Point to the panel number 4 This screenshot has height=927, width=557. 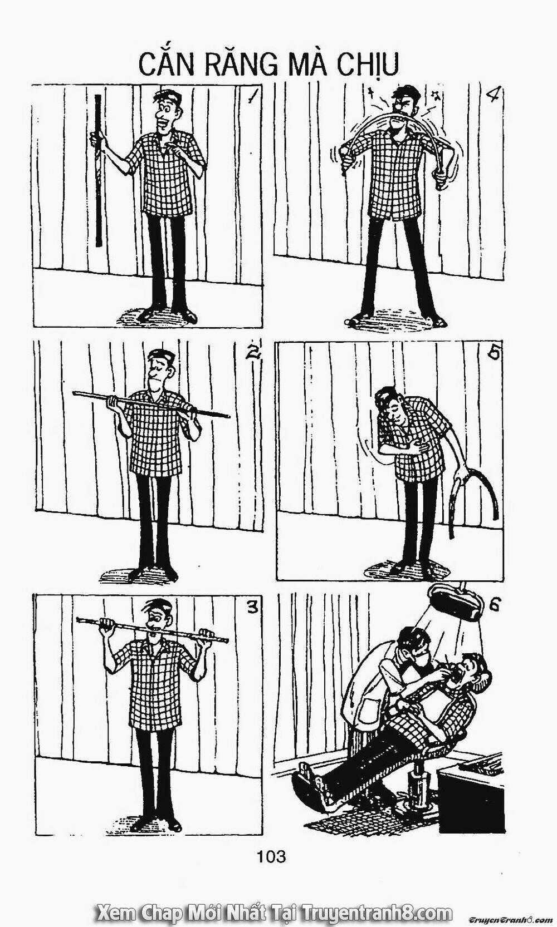point(495,95)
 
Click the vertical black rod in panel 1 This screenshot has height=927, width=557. point(98,170)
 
